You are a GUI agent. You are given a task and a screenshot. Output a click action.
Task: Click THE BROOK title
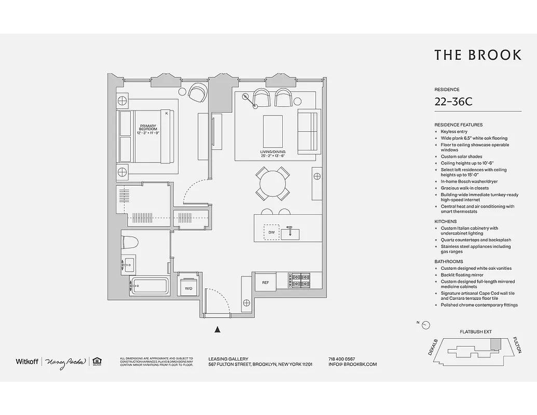point(477,55)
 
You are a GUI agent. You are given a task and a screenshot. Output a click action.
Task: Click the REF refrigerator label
point(265,283)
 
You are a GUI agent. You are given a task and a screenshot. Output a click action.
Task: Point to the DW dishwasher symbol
point(271,233)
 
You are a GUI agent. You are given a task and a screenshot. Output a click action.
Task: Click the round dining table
point(272,183)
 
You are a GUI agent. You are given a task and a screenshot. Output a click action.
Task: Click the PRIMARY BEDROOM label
point(148,129)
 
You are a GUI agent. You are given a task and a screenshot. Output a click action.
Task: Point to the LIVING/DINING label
point(273,154)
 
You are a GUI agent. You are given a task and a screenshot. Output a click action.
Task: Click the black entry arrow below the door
point(218,329)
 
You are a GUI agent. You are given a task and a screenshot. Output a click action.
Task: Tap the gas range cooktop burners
point(299,281)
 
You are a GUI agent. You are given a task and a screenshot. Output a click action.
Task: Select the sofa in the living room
point(307,131)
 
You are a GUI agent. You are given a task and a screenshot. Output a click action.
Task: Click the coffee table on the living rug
point(273,131)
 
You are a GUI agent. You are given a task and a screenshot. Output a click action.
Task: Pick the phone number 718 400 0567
point(342,359)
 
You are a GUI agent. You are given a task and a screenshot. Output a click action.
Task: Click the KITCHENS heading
point(445,222)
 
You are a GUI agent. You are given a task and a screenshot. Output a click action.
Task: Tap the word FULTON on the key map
point(517,345)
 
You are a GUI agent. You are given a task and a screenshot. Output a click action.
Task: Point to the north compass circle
point(426,325)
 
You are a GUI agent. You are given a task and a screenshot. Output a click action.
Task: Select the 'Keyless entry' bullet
point(454,132)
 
